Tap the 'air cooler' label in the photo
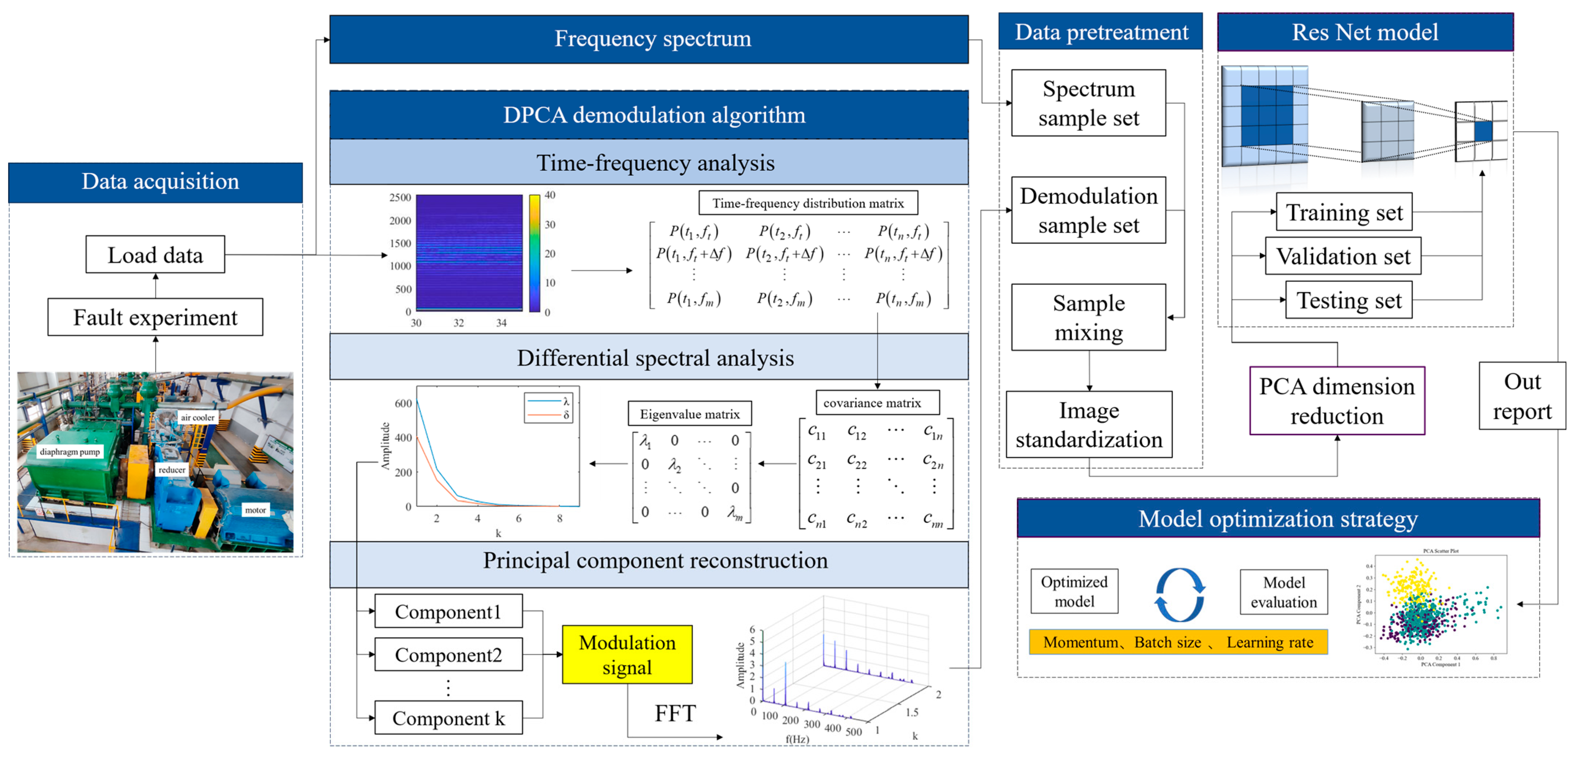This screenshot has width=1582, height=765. tap(197, 418)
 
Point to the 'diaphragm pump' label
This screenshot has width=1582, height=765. tap(69, 452)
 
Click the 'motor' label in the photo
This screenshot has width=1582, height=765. tap(255, 510)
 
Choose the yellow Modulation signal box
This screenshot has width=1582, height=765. tap(627, 655)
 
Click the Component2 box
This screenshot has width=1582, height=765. tap(448, 655)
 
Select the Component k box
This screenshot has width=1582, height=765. tap(448, 718)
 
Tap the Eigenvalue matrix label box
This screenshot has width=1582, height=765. tap(689, 414)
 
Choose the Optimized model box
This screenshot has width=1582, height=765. tap(1074, 591)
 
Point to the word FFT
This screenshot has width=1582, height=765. tap(675, 713)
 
